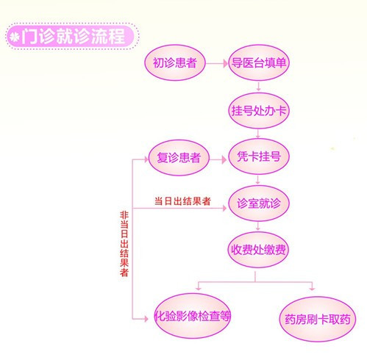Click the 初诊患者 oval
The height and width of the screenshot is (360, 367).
tap(174, 62)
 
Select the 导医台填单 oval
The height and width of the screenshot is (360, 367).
tap(259, 62)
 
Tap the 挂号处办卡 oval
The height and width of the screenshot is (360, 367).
tap(259, 111)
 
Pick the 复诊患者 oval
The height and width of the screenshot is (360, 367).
tap(179, 157)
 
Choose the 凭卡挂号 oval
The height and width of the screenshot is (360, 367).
tap(259, 156)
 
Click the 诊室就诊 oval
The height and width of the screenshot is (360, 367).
tap(259, 204)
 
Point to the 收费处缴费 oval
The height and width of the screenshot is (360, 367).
tap(258, 250)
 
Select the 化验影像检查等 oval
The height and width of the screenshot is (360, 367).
tap(193, 316)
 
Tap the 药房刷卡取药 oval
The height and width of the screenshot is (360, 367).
tap(317, 319)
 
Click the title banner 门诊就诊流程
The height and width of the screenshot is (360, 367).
tap(72, 36)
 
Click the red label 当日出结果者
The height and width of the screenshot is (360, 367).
tap(182, 201)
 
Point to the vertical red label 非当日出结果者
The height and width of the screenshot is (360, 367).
tap(124, 244)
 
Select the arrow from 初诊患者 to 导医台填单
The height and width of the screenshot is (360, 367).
tap(217, 64)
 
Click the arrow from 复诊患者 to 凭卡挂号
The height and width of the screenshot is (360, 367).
tap(218, 159)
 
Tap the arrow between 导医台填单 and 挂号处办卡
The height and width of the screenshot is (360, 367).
tap(258, 87)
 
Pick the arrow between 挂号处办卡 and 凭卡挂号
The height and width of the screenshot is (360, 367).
tap(258, 134)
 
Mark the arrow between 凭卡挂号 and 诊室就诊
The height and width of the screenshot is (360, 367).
tap(257, 179)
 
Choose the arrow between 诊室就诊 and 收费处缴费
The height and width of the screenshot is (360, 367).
tap(257, 226)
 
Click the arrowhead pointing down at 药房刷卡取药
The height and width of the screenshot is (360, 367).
tap(312, 289)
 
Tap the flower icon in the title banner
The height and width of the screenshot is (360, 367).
tap(14, 37)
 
